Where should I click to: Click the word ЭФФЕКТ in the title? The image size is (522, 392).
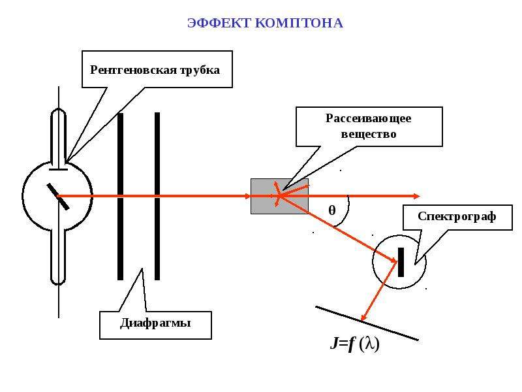click(219, 23)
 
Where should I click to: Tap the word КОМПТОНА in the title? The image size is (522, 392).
click(299, 23)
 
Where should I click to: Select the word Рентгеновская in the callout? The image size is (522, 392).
click(133, 70)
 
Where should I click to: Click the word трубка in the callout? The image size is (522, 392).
click(200, 71)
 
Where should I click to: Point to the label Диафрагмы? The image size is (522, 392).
click(155, 323)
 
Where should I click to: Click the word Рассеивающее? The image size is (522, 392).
click(369, 119)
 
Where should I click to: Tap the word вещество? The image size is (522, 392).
click(369, 134)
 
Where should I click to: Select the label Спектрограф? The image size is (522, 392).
click(457, 217)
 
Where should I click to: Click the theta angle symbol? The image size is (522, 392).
click(332, 210)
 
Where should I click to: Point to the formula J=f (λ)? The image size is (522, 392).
click(355, 344)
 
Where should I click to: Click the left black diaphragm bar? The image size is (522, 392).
click(121, 197)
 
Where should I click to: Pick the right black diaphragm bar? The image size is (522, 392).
click(157, 197)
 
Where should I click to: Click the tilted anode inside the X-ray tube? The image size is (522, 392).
click(58, 197)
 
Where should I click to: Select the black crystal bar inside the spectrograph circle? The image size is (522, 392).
click(401, 262)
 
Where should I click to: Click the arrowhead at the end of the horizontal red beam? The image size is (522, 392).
click(417, 197)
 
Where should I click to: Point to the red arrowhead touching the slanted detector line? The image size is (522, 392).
click(365, 317)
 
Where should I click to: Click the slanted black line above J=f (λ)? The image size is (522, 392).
click(367, 323)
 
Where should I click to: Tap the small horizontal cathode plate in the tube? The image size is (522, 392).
click(58, 170)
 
